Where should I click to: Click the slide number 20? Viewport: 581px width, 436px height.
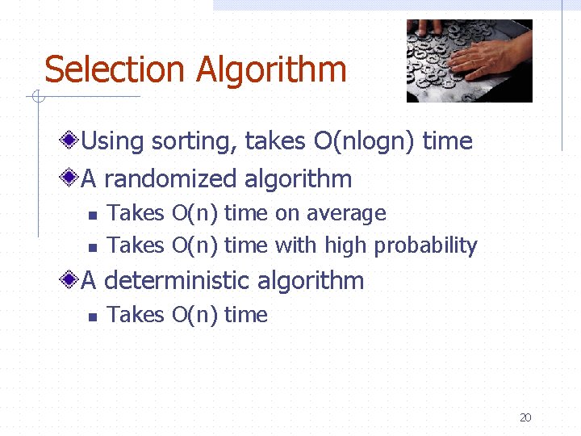point(525,417)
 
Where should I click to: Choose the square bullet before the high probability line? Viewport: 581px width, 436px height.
point(91,246)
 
